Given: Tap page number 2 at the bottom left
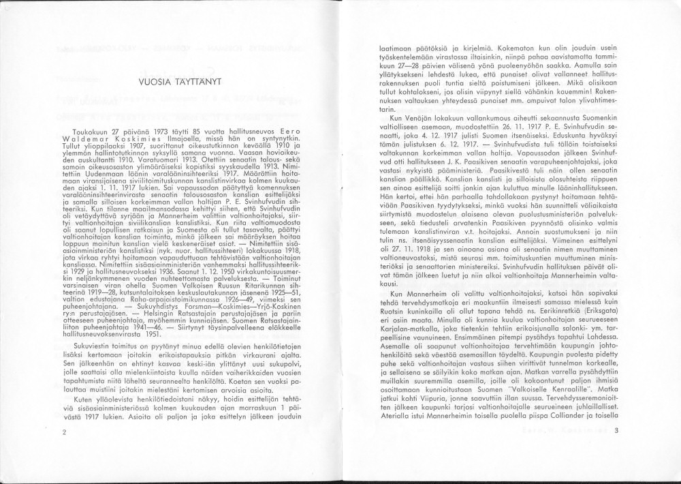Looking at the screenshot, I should pyautogui.click(x=63, y=432).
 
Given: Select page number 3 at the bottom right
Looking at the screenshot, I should pyautogui.click(x=615, y=430).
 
